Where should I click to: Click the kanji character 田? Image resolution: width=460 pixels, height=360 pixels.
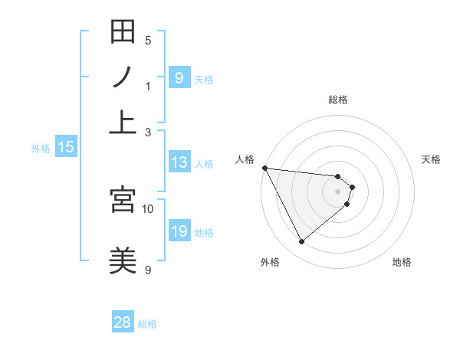coord(123,32)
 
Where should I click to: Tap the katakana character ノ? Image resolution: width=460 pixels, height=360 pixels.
coord(123,77)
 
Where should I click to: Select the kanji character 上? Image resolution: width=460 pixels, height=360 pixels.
coord(123,121)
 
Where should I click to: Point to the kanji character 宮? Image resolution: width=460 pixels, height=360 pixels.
coord(123,200)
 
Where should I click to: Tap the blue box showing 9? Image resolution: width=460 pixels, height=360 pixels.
coord(179,78)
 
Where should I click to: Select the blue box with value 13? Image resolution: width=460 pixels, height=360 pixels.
coord(179,162)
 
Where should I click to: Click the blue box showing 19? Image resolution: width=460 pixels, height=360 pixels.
coord(179,232)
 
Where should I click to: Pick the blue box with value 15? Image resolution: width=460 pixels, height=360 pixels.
coord(66,148)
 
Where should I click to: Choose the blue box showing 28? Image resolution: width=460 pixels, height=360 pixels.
coord(123,322)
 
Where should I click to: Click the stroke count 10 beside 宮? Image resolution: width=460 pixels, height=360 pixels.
coord(148,208)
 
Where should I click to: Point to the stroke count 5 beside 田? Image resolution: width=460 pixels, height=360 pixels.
coord(148,41)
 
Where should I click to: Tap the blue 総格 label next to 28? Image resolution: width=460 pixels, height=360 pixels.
coord(147,324)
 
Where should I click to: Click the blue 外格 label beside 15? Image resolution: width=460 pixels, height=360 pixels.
coord(41,149)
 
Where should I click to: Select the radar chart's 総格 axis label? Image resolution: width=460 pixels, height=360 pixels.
coord(338,100)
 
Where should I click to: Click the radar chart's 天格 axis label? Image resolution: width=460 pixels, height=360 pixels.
coord(432,159)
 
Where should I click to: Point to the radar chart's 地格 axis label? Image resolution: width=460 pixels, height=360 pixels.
coord(402,262)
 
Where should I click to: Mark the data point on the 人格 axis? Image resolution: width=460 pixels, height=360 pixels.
coord(264,168)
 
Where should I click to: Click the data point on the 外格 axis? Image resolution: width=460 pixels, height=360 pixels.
coord(302,242)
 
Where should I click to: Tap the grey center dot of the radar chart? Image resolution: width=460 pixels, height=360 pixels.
coord(338,191)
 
